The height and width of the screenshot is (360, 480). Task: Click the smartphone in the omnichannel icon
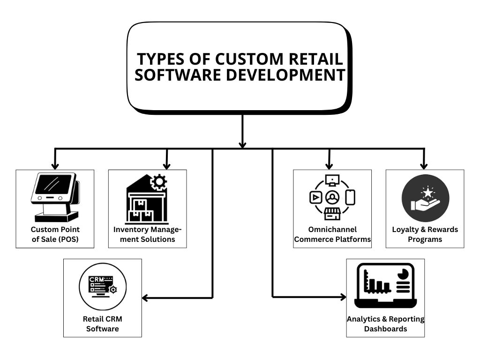click(x=350, y=197)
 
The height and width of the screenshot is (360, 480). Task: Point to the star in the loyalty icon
click(x=427, y=192)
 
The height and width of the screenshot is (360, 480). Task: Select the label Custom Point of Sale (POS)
click(x=55, y=234)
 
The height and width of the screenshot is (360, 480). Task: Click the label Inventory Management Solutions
click(x=147, y=234)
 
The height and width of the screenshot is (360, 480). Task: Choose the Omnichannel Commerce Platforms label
click(x=332, y=234)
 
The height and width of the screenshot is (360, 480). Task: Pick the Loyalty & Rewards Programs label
click(x=425, y=234)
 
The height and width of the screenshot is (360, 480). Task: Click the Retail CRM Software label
click(x=102, y=324)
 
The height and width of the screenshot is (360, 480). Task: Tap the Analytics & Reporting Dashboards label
click(x=385, y=324)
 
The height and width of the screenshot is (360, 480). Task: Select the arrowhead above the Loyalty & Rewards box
click(x=424, y=165)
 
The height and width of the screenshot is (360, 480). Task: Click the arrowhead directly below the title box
click(x=242, y=144)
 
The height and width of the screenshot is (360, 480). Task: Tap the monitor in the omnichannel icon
click(x=332, y=180)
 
